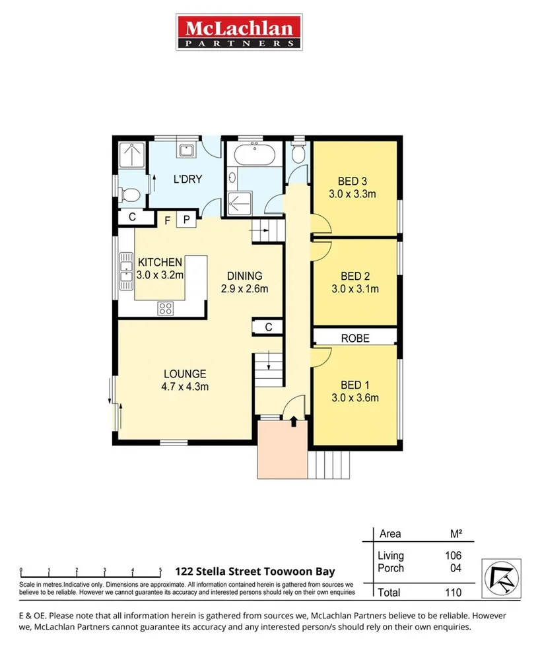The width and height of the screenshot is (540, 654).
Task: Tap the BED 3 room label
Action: point(352,181)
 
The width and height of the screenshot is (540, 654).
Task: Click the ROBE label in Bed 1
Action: point(355,338)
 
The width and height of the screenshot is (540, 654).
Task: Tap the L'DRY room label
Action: point(187,180)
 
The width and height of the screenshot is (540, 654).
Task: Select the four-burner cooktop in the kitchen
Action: point(166,308)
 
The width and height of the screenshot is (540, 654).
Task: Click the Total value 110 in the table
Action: point(452,593)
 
